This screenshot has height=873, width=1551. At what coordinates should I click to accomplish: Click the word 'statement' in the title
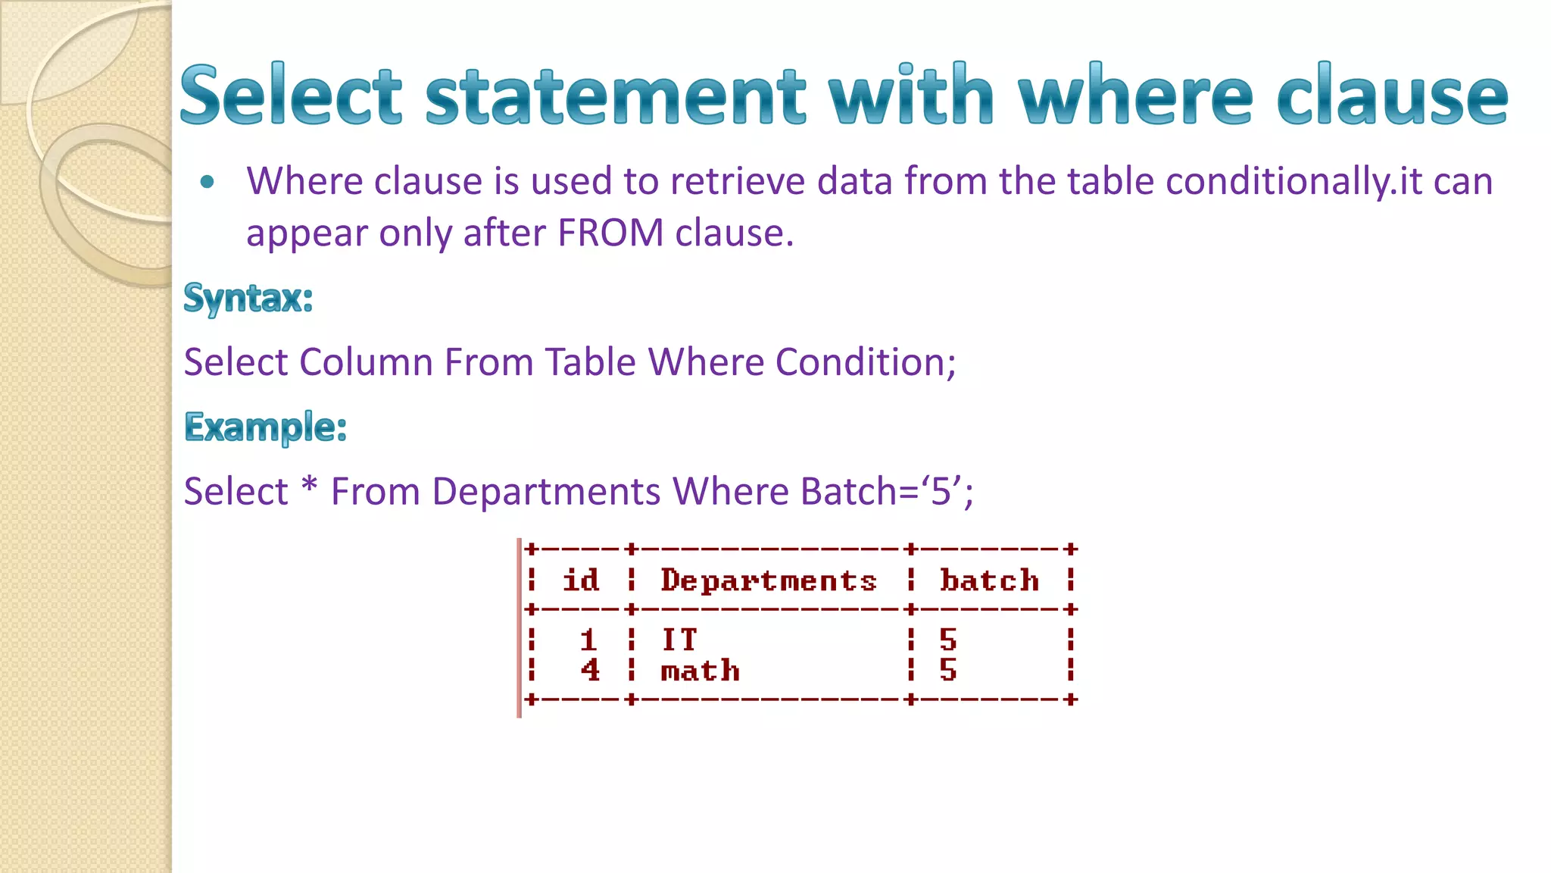click(x=614, y=96)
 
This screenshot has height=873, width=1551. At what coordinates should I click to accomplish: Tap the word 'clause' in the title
click(x=1392, y=96)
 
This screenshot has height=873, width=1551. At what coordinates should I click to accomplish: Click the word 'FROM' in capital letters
click(x=610, y=233)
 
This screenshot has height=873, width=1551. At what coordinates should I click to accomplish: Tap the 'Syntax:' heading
click(x=248, y=298)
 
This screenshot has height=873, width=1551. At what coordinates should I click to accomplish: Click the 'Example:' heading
click(x=266, y=427)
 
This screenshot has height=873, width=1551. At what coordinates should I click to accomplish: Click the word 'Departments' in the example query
click(x=546, y=491)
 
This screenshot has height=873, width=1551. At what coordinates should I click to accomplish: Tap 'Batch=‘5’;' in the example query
click(x=887, y=491)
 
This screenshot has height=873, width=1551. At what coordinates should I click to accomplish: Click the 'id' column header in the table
click(x=581, y=580)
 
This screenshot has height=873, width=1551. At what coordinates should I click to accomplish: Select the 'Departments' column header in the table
click(x=769, y=580)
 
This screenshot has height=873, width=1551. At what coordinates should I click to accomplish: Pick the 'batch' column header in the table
click(x=989, y=580)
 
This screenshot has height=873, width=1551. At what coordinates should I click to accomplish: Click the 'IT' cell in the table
click(x=679, y=640)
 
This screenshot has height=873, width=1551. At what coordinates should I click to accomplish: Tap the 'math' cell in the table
click(x=700, y=671)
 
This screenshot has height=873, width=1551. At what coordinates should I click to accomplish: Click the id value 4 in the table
click(x=590, y=671)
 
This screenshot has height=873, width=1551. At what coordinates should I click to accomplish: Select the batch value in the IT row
click(x=948, y=640)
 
